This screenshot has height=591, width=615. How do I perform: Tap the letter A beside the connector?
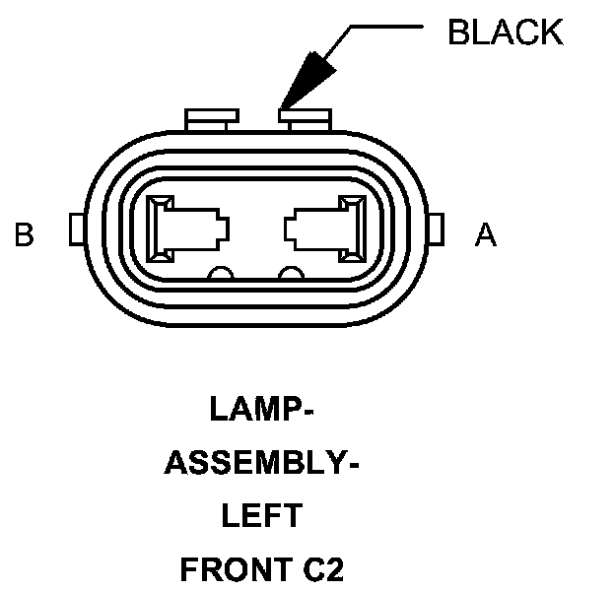485,235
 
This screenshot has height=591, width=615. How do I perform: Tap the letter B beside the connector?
25,235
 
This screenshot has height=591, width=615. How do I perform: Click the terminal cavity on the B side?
186,230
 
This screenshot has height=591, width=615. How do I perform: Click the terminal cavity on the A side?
325,230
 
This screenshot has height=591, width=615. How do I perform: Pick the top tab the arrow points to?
303,119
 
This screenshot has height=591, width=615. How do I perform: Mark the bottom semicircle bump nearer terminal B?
221,273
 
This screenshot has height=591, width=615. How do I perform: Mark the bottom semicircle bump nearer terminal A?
291,273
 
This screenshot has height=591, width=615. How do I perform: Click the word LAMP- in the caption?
261,409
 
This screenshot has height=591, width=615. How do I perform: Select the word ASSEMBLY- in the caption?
260,462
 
